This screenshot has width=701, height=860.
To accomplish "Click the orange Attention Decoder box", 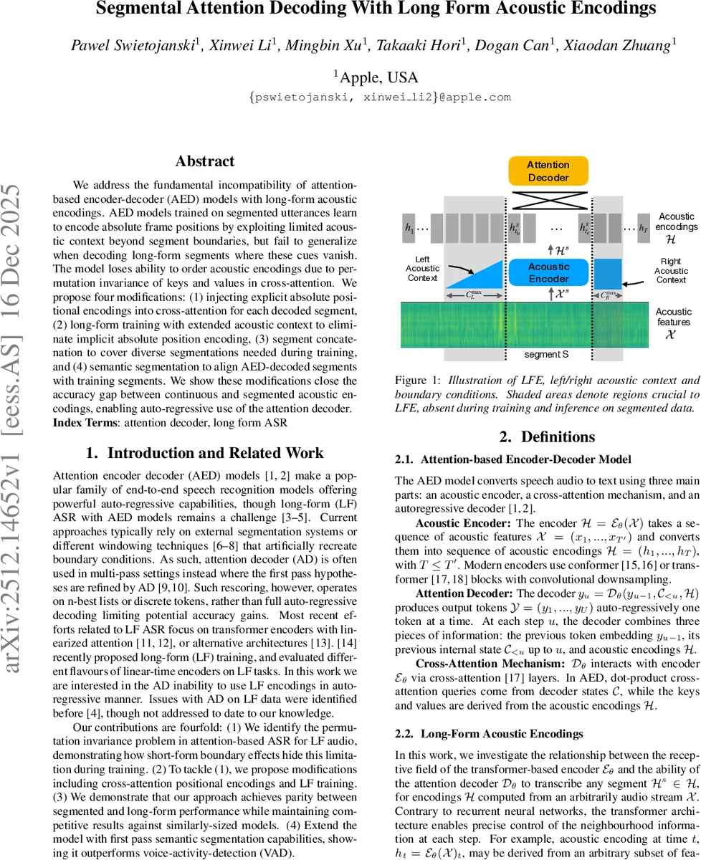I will [548, 171].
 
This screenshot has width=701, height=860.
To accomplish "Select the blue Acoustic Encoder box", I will [548, 272].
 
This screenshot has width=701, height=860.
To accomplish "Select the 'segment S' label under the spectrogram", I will [548, 354].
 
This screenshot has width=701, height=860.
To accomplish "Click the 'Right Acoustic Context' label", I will [671, 271].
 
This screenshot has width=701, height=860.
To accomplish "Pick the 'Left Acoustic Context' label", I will [422, 268].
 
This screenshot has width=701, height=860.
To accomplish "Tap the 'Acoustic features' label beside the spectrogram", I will [673, 317].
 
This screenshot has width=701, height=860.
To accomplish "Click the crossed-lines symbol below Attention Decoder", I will [548, 198].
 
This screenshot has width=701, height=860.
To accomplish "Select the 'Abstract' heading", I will [205, 161].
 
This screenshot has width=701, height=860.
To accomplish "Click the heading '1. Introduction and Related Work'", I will [205, 453].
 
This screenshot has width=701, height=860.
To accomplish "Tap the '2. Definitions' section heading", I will [547, 436].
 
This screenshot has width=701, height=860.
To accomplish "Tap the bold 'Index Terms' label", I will [85, 423].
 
